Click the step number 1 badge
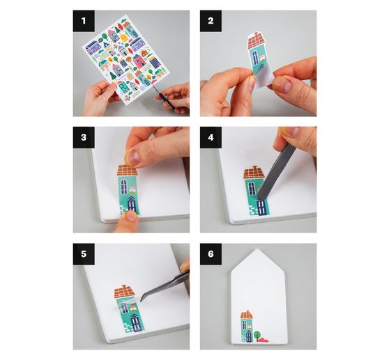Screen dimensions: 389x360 (84, 21)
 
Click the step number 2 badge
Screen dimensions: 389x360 (211, 21)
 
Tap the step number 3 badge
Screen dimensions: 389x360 (84, 137)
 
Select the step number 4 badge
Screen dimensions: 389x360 (211, 137)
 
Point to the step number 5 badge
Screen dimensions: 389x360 (84, 254)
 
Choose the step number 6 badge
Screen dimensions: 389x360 (211, 254)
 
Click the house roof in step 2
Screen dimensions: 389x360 (256, 40)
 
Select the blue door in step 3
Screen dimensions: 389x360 (132, 205)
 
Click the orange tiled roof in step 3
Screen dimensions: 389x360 (128, 170)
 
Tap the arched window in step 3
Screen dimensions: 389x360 (123, 187)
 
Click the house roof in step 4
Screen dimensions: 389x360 (254, 173)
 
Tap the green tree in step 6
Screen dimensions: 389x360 (257, 335)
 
